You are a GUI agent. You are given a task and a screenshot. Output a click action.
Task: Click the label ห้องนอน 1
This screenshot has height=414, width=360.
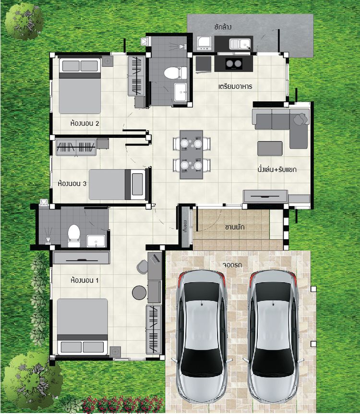click(x=84, y=280)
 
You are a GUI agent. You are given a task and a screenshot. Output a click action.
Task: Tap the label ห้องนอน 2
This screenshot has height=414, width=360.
click(x=84, y=123)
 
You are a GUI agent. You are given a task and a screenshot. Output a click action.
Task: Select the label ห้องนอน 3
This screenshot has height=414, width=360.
click(x=72, y=183)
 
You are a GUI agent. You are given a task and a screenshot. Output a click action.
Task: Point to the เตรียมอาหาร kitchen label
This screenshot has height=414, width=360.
click(x=235, y=86)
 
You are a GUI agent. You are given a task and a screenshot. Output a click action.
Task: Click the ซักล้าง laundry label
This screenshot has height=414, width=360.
click(x=223, y=27)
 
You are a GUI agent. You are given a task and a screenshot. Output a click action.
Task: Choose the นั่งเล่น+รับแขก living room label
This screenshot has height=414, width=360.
click(x=277, y=169)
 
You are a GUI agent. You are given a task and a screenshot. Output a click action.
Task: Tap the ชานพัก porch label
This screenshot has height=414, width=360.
click(x=235, y=227)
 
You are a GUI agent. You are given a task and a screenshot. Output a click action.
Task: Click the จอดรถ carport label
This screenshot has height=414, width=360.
click(x=232, y=265)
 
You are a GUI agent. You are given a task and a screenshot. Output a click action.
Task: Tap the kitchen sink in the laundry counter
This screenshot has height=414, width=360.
click(x=240, y=44)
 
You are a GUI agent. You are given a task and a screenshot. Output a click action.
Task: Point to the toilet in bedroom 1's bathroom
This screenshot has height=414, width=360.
click(x=74, y=236)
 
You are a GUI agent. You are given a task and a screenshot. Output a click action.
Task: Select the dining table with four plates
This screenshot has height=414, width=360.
click(x=192, y=155)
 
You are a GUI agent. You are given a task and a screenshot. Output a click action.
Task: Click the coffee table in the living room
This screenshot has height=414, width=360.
click(x=270, y=148)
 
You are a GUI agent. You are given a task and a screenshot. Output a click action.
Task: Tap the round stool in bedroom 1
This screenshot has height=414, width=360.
click(x=139, y=292)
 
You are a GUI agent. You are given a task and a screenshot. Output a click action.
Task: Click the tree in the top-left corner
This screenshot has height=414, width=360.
click(x=23, y=21)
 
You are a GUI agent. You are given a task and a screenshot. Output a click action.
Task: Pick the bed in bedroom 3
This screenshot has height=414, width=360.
click(x=118, y=184)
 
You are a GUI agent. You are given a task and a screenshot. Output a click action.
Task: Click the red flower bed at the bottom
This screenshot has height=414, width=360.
click(x=123, y=404)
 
